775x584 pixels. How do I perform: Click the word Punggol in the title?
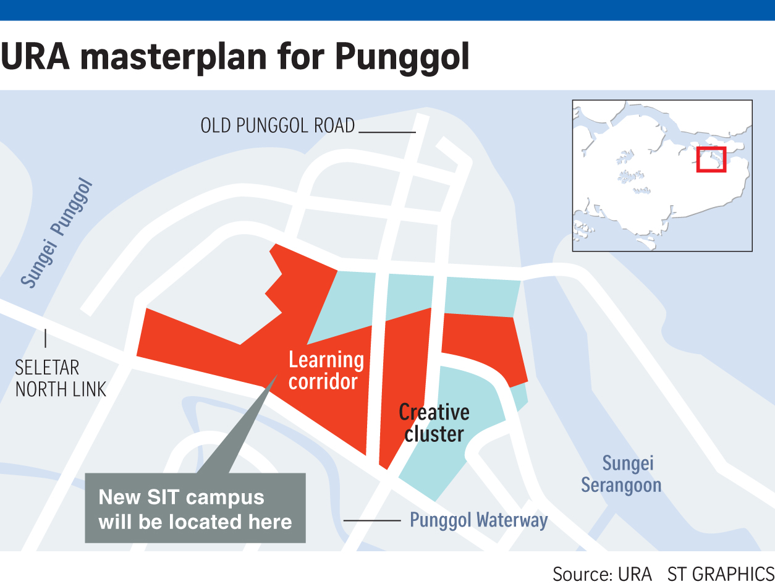(402, 57)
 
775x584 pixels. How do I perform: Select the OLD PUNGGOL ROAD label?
(277, 126)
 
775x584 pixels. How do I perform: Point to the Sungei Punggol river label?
(57, 234)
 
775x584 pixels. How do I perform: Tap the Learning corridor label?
(326, 370)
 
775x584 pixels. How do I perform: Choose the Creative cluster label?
(434, 423)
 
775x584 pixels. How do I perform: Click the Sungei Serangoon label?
(621, 474)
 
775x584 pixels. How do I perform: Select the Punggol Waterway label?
(479, 520)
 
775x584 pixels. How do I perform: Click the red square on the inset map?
(711, 159)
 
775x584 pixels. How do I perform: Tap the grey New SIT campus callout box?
(195, 509)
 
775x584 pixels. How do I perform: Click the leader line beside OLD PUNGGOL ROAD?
(387, 132)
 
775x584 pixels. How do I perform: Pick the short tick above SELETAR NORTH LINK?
(46, 338)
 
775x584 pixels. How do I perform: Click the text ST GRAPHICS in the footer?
(720, 573)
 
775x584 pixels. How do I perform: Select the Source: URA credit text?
(602, 573)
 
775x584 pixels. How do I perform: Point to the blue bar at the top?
(387, 10)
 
